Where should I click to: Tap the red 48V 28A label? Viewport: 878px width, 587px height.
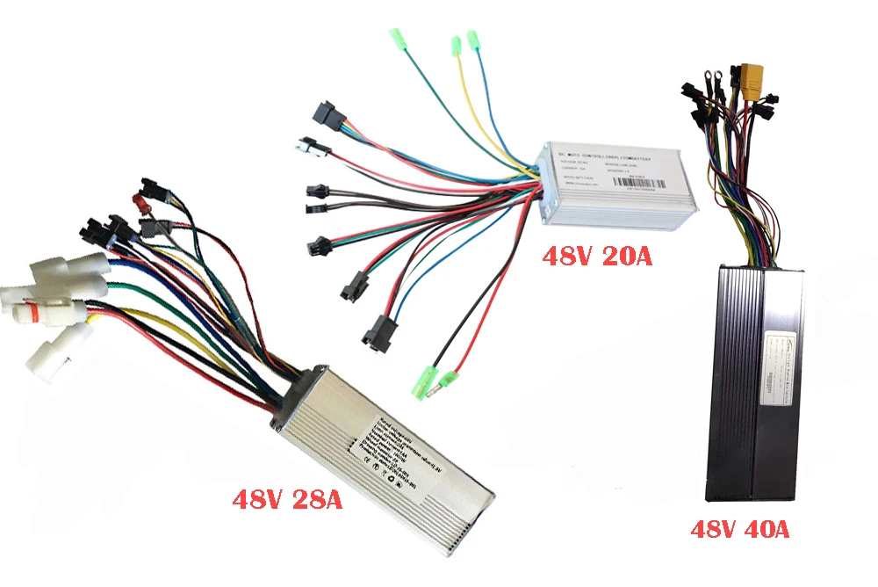[x=286, y=501]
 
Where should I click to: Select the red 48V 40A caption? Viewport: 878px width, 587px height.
[x=739, y=530]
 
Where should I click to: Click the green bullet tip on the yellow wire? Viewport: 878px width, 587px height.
[x=456, y=45]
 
